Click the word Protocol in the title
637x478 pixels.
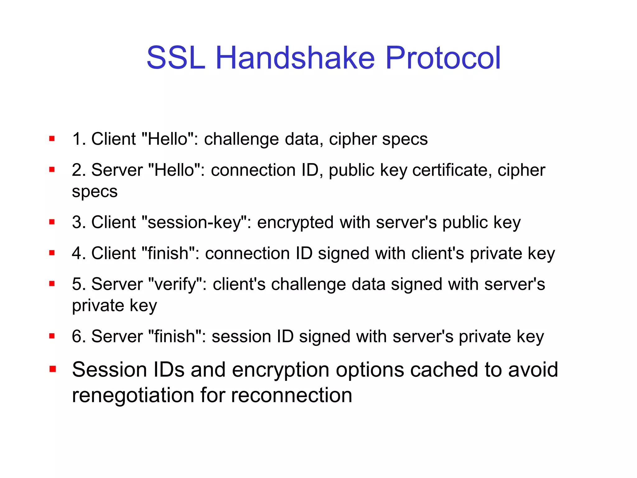[443, 58]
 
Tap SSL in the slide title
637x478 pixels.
[176, 58]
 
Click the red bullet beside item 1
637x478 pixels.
[52, 138]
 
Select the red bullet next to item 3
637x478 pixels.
[52, 222]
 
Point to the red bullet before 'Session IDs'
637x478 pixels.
[52, 369]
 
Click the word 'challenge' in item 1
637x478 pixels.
[241, 139]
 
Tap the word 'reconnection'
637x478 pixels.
[292, 396]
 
